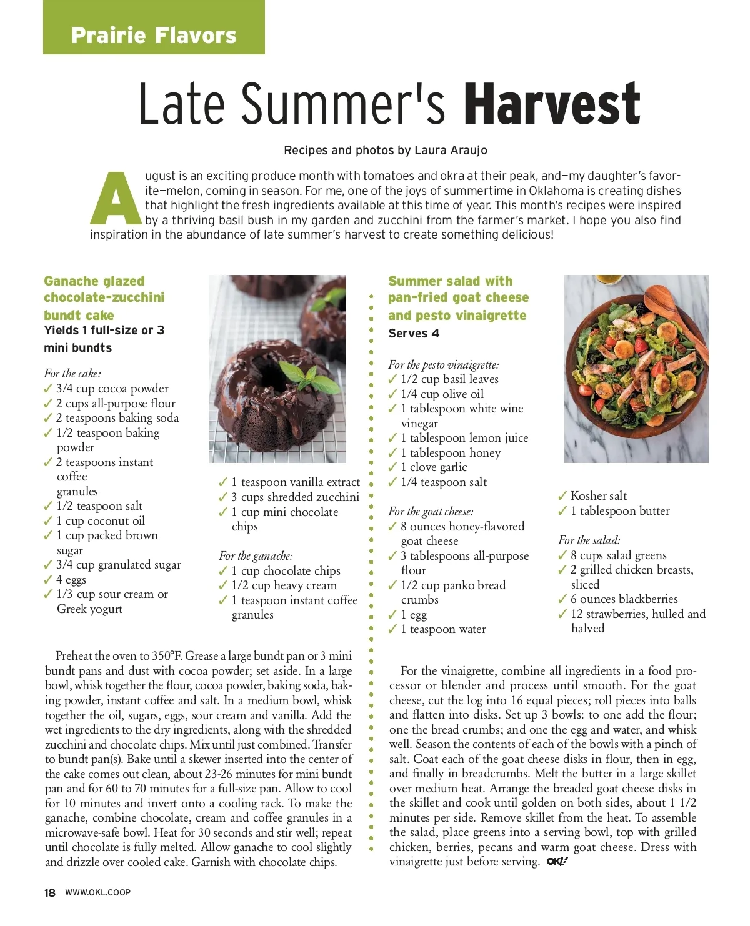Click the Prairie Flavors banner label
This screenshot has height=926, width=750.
point(154,35)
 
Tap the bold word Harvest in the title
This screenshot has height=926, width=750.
point(552,104)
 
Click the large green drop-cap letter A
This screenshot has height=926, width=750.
point(116,198)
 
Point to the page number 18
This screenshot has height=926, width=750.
point(50,893)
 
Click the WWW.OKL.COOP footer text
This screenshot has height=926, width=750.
point(98,893)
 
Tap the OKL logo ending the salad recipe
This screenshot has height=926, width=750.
point(557,862)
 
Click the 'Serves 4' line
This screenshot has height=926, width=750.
point(414,334)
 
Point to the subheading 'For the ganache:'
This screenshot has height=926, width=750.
point(256,556)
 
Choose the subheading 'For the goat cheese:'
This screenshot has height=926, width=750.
point(431,512)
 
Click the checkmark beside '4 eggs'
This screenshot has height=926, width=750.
point(48,580)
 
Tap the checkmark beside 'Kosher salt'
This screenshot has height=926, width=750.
point(562,496)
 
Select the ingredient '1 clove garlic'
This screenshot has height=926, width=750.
point(434,467)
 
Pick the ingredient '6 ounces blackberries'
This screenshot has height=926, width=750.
point(624,599)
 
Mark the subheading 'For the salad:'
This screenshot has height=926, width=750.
point(589,540)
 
